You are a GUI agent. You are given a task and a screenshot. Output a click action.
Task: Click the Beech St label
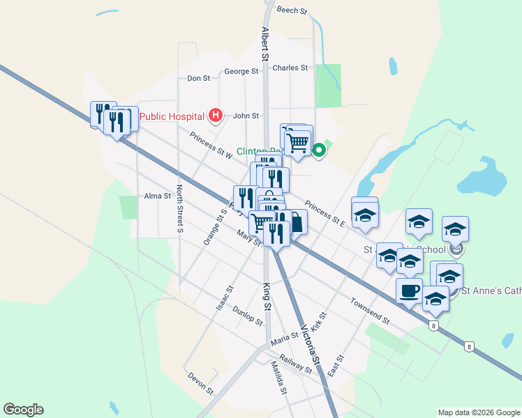pyautogui.click(x=292, y=11)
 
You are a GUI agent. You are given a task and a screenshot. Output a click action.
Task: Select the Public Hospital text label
pyautogui.click(x=172, y=116)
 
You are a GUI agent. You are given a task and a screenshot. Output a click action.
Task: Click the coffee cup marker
pyautogui.click(x=409, y=290)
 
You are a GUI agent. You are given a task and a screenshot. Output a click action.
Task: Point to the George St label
pyautogui.click(x=241, y=72)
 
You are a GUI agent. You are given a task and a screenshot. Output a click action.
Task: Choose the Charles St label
pyautogui.click(x=290, y=68)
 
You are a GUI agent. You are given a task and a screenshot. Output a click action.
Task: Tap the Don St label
pyautogui.click(x=198, y=79)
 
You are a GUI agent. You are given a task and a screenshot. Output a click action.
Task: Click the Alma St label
pyautogui.click(x=157, y=196)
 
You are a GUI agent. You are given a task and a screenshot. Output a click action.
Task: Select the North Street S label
pyautogui.click(x=179, y=208)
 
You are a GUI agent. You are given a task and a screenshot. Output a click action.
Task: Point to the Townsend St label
pyautogui.click(x=370, y=311)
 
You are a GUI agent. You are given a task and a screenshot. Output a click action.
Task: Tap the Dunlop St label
pyautogui.click(x=247, y=316)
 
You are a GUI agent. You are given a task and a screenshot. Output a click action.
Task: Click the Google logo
pyautogui.click(x=23, y=410)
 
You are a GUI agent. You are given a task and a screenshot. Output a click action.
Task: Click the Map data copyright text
pyautogui.click(x=478, y=412)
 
